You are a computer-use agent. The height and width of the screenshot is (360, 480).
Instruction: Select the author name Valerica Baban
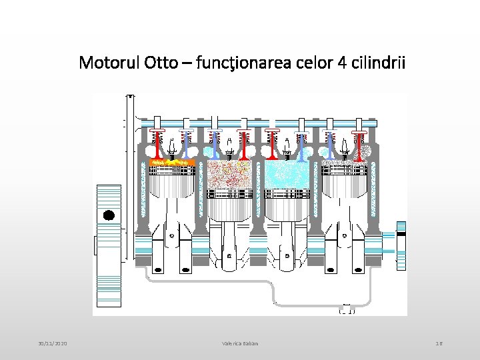(x=240, y=343)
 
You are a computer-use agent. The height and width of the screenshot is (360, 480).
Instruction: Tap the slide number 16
(x=439, y=343)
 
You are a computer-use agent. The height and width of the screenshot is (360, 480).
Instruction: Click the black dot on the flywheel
(x=109, y=215)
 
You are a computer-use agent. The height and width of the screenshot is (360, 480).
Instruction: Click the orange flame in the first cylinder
(x=172, y=161)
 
